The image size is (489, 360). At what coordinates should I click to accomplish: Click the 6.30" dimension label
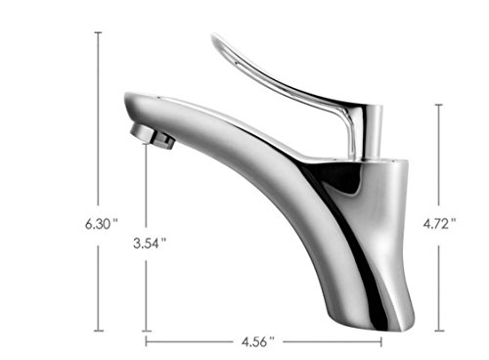pos(102,224)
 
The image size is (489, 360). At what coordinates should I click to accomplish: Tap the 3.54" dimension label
pos(150,243)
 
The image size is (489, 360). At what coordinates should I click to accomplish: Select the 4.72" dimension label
pos(439,224)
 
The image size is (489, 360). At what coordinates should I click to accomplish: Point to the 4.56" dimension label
pos(258,342)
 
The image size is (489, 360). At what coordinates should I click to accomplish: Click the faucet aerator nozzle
pos(153,137)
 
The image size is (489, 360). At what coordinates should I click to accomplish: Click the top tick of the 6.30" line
pos(98,32)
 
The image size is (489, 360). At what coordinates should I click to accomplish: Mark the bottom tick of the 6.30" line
pos(99,331)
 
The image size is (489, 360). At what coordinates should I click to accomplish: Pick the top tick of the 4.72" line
pos(439,105)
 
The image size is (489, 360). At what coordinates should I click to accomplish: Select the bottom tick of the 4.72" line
pos(439,331)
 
